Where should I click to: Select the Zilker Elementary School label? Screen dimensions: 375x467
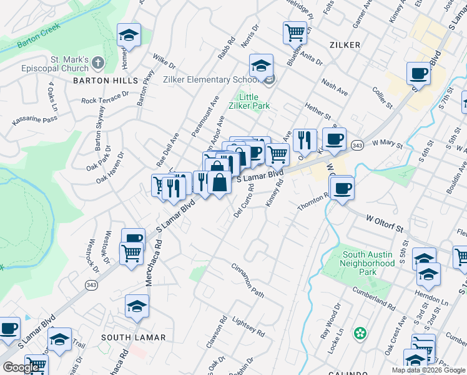coord(210,79)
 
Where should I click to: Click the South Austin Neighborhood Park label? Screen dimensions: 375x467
coord(368,263)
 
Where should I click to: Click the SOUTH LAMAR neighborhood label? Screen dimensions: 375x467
coord(134,337)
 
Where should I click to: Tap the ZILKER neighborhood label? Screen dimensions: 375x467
coord(343,45)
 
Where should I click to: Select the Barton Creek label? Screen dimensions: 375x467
coord(38,38)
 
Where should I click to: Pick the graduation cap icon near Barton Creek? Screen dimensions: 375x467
coord(129,36)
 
